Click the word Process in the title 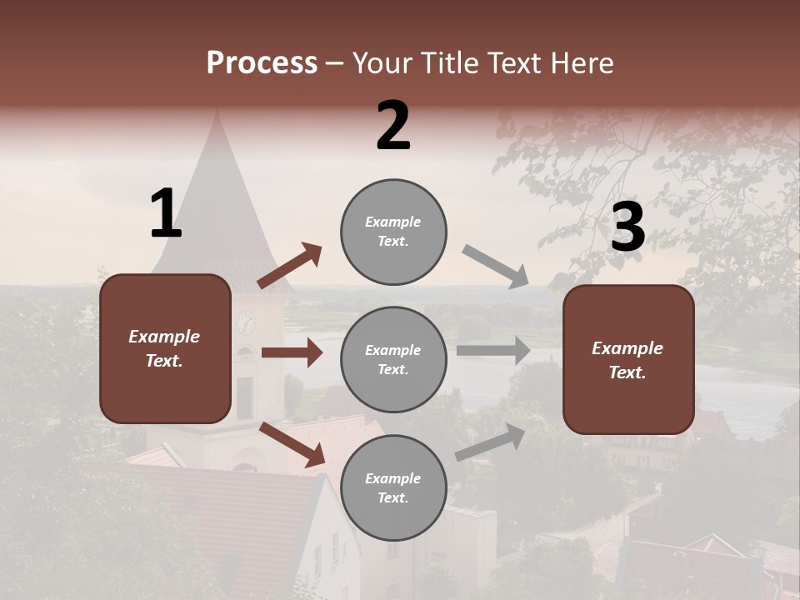[262, 63]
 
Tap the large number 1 [166, 214]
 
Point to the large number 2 [393, 126]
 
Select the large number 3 [627, 227]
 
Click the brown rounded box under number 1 [165, 348]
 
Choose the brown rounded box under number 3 [628, 360]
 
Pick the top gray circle [393, 232]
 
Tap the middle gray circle [393, 359]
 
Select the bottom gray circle [393, 487]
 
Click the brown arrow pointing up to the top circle [290, 266]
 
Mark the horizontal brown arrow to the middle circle [292, 352]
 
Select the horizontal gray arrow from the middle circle [493, 350]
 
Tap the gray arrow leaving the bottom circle [490, 442]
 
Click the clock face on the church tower [246, 322]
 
